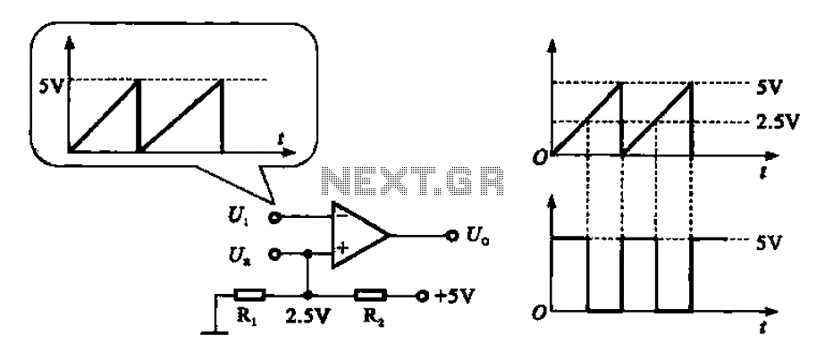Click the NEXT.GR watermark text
(413, 182)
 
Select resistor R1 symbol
(250, 295)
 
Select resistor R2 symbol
(371, 295)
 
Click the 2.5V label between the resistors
(307, 317)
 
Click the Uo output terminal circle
(450, 236)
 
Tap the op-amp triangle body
(361, 235)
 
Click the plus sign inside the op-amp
(342, 248)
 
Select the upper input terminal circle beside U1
(274, 216)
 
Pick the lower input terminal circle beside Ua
(274, 255)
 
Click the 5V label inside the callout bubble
(51, 85)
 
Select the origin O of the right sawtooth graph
(539, 157)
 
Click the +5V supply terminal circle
(421, 296)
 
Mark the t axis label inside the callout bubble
(282, 138)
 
